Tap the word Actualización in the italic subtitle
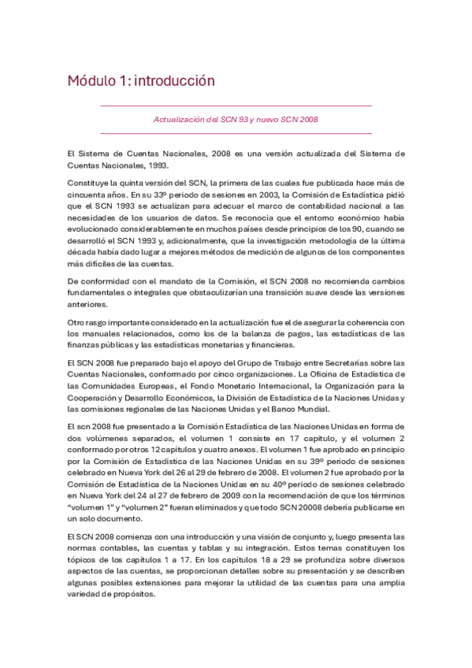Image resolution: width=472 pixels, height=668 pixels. (177, 120)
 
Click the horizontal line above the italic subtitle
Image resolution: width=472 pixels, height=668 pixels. (236, 106)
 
